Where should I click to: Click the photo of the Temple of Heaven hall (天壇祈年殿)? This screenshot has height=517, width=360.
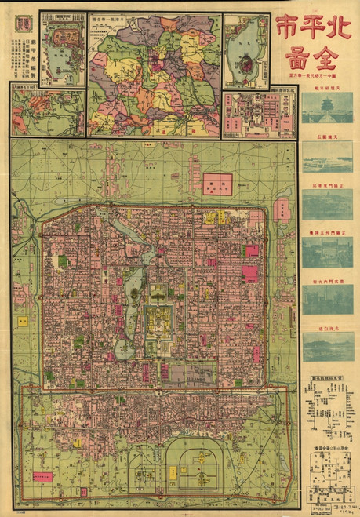point(328,108)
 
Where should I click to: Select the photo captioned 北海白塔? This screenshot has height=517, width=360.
point(328,346)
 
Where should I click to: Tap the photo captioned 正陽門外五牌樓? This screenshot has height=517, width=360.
point(328,252)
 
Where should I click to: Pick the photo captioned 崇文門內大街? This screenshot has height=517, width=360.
point(328,299)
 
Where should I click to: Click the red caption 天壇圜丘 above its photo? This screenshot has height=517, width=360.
point(328,137)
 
